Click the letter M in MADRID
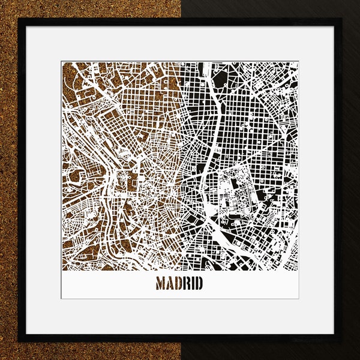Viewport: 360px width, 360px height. [162, 283]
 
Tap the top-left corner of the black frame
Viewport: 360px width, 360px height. [19, 19]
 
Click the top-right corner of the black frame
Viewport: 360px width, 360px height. [341, 19]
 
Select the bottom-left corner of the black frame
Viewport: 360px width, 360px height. [19, 341]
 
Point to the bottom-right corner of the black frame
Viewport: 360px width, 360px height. [341, 341]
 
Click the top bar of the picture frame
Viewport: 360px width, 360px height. [180, 22]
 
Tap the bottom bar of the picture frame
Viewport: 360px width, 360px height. [180, 338]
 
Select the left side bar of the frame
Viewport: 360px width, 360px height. [22, 180]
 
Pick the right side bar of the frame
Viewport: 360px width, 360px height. [338, 180]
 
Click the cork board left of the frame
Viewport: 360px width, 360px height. [8, 180]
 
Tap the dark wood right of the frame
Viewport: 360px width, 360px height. [351, 180]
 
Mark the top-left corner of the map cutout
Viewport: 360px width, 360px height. [62, 61]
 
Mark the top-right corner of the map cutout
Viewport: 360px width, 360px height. [298, 61]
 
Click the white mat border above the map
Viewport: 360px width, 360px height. [180, 43]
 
